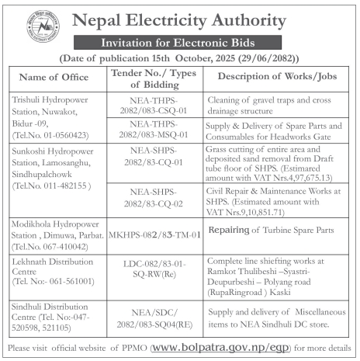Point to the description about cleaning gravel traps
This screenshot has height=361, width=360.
pos(273,106)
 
